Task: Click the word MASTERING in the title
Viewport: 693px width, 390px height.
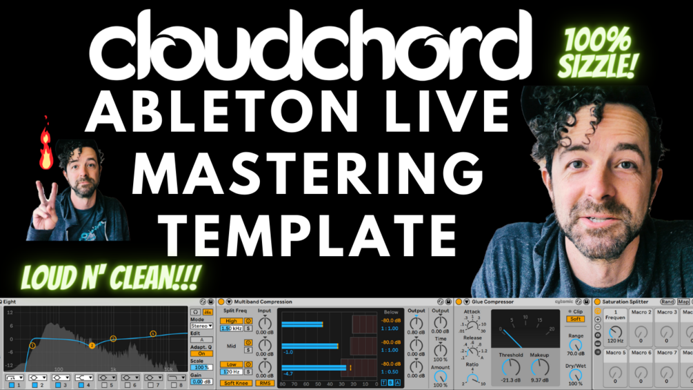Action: (307, 169)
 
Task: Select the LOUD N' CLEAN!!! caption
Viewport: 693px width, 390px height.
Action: (110, 277)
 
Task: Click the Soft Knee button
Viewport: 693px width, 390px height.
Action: (236, 383)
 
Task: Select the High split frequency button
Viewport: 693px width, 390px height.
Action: (231, 321)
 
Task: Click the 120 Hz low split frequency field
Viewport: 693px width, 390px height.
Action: (231, 371)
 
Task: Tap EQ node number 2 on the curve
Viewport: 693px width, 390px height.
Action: (92, 346)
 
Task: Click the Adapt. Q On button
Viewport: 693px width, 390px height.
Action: (201, 353)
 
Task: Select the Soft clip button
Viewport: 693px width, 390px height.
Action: (575, 320)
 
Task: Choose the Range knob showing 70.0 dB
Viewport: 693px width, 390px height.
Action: (575, 344)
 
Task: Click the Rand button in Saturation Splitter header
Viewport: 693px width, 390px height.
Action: (667, 302)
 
